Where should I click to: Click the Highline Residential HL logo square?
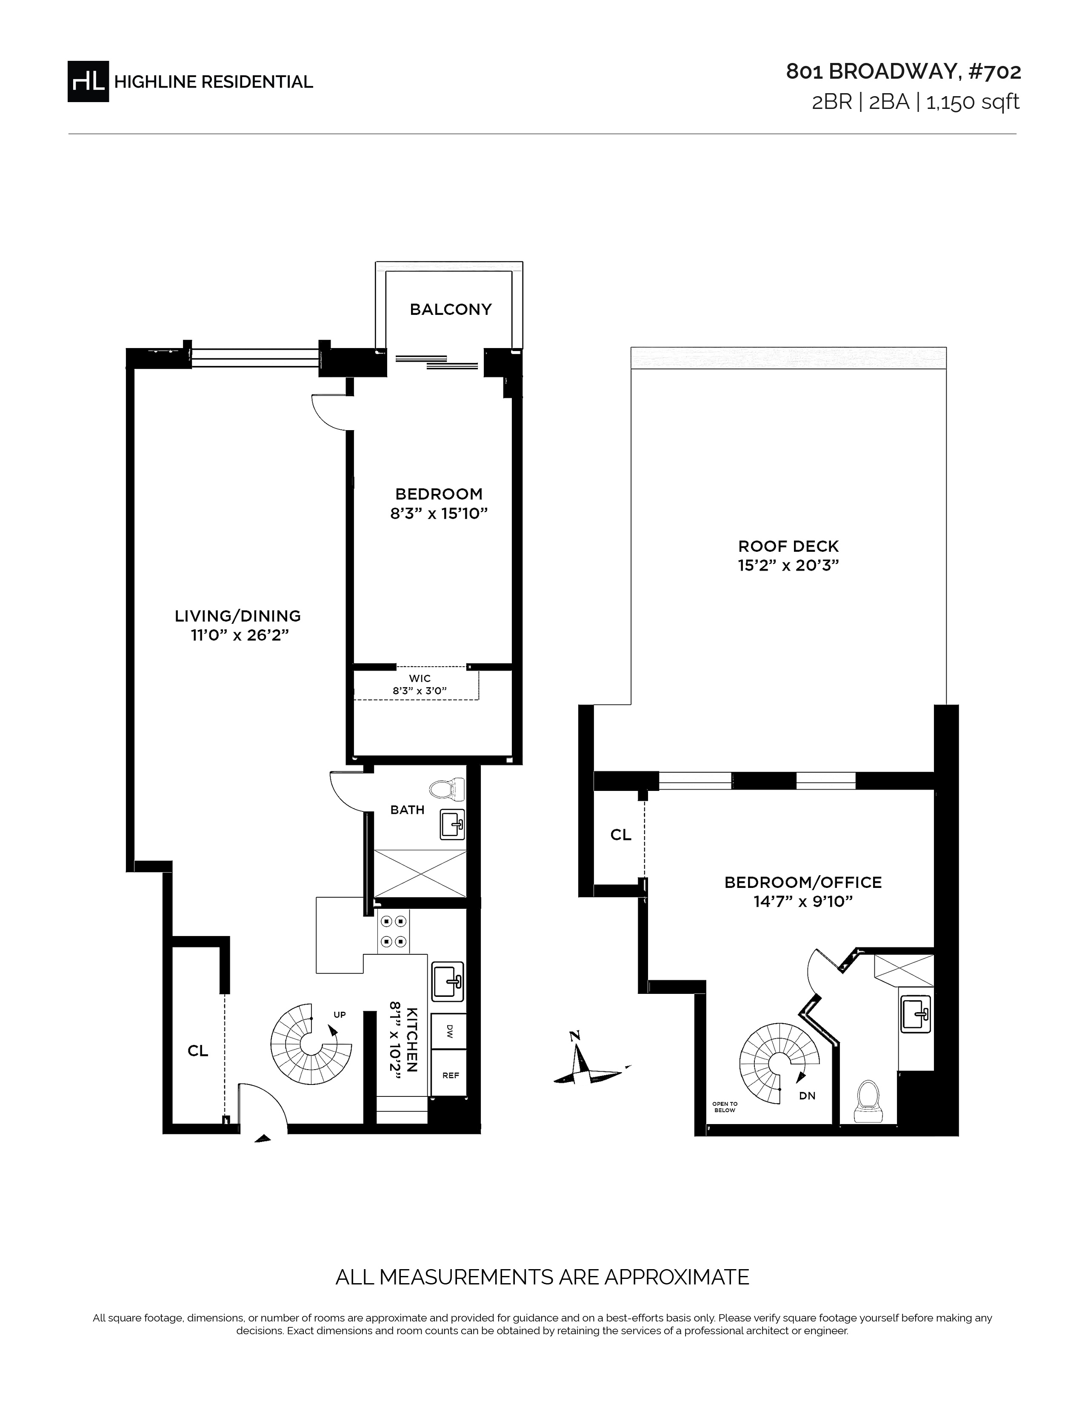(x=88, y=81)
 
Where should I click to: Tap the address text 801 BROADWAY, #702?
(x=903, y=72)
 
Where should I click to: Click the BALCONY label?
(x=451, y=310)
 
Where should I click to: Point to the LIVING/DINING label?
(x=238, y=616)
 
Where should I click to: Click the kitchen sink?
(x=447, y=982)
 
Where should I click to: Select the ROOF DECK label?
(x=789, y=546)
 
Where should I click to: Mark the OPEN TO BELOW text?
(x=725, y=1107)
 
